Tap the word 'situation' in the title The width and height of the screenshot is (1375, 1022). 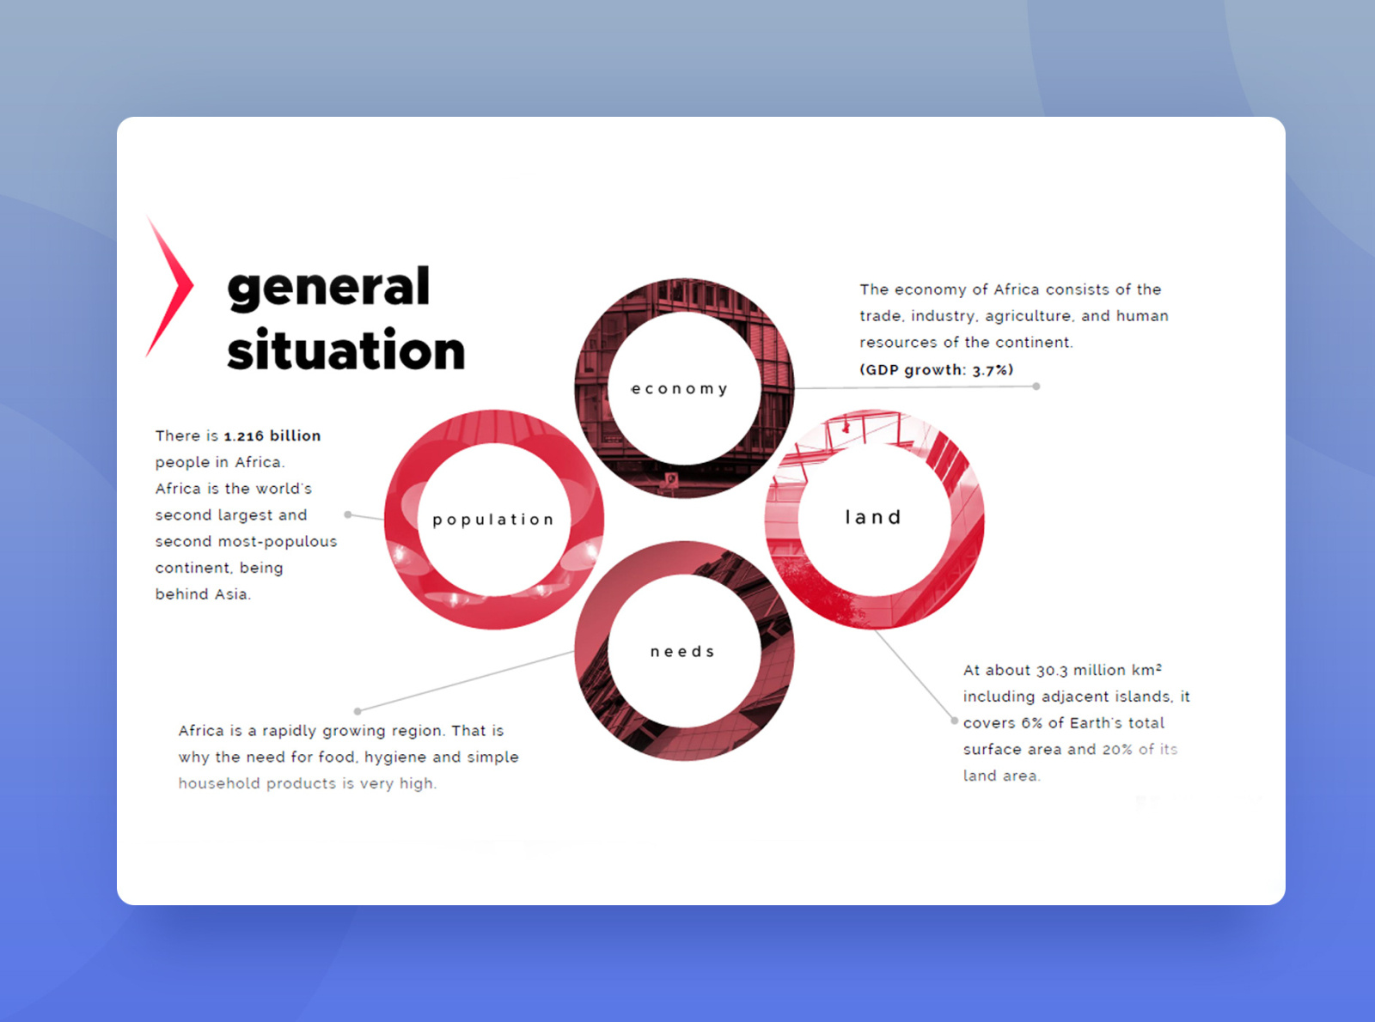click(x=345, y=351)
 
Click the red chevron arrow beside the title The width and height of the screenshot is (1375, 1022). click(x=170, y=285)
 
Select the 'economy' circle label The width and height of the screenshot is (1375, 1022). click(x=679, y=389)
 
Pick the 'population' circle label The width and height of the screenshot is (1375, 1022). click(x=493, y=520)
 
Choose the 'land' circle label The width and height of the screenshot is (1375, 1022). click(x=873, y=517)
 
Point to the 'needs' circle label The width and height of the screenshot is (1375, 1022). click(x=682, y=652)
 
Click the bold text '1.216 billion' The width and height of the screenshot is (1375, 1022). click(x=272, y=436)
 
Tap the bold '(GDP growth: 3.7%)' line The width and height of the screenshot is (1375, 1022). click(x=937, y=370)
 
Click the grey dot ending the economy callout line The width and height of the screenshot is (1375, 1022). click(x=1036, y=386)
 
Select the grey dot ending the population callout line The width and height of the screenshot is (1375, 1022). click(x=348, y=514)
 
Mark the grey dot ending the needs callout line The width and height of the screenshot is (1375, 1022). click(x=357, y=711)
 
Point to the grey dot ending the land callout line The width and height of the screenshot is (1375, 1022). click(x=954, y=721)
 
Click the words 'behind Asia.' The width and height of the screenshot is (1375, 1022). click(x=203, y=594)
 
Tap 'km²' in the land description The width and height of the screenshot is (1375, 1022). click(x=1146, y=670)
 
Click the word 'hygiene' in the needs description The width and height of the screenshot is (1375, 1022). click(x=395, y=757)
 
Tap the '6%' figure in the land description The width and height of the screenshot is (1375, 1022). click(x=1031, y=723)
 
